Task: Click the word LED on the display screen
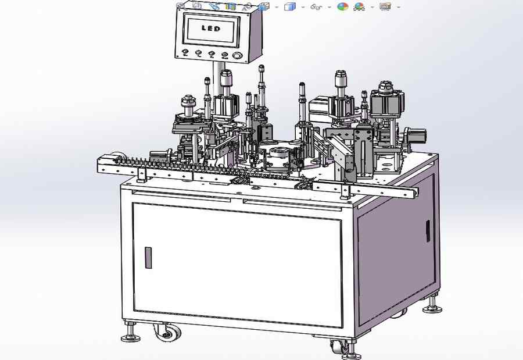point(211,28)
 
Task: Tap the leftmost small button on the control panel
point(185,52)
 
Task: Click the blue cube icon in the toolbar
point(289,6)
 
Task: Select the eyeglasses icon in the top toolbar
point(316,6)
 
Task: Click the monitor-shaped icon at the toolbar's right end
point(385,6)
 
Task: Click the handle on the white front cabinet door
point(148,258)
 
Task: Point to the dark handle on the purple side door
point(428,231)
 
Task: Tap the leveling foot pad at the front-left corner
point(130,338)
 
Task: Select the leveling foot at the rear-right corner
point(432,309)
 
